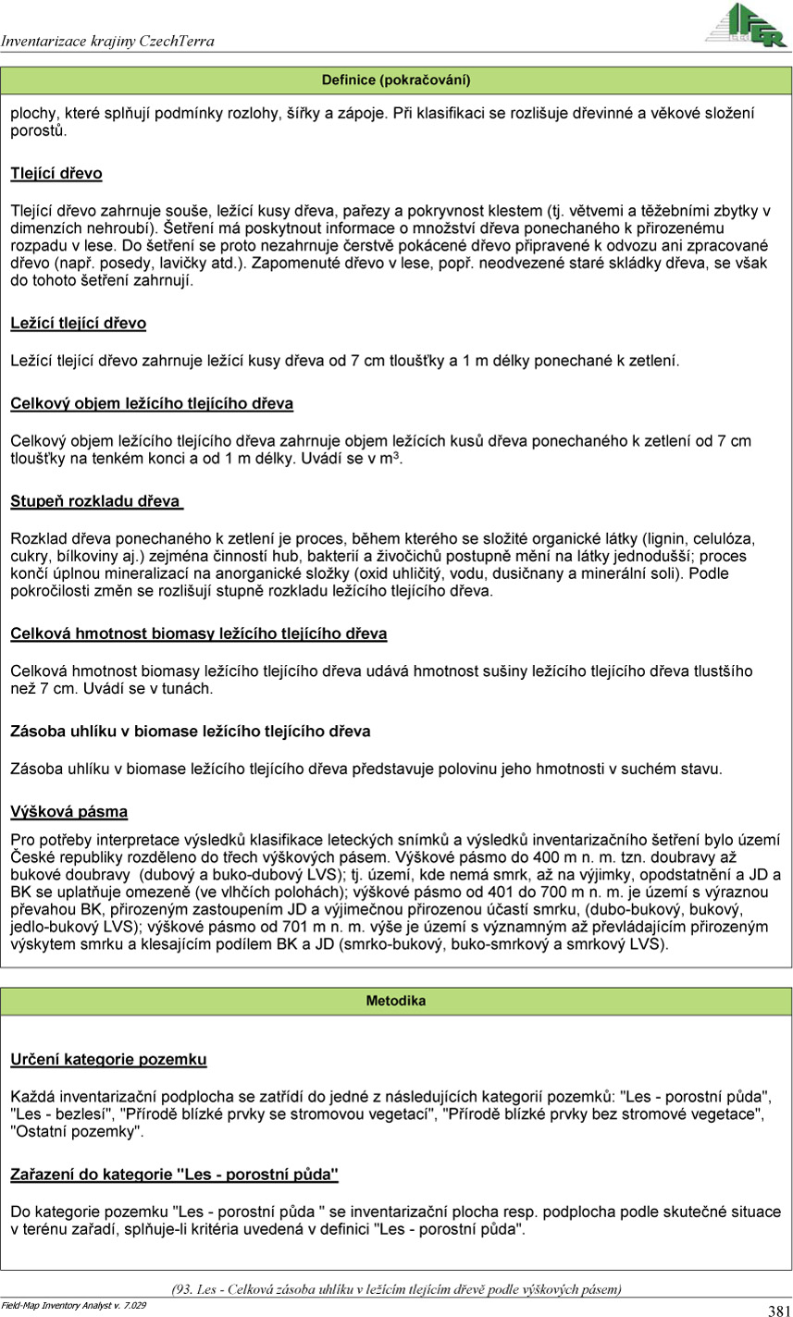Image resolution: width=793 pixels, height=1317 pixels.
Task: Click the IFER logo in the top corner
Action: coord(746,25)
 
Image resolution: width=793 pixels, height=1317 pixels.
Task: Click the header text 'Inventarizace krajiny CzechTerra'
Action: coord(108,41)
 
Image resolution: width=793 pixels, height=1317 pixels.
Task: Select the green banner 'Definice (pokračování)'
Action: coord(396,80)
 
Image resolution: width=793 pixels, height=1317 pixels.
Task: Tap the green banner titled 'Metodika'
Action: coord(396,1001)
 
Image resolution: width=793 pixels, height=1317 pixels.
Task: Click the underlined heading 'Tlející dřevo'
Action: coord(56,173)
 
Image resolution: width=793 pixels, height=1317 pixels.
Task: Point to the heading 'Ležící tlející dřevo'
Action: coord(79,323)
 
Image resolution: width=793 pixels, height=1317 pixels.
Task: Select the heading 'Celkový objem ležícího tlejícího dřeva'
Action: coord(152,403)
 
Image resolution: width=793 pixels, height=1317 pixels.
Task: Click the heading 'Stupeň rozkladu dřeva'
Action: coord(95,501)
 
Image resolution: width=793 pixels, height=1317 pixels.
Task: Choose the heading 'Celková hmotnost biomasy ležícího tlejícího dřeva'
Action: coord(199,634)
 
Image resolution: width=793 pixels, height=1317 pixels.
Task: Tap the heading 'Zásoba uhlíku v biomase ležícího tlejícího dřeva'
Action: coord(191,731)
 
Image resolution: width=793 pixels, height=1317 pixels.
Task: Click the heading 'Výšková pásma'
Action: coord(69,811)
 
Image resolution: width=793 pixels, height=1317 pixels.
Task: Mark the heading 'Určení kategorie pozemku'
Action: coord(108,1059)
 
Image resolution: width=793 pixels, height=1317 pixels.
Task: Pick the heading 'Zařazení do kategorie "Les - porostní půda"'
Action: coord(174,1175)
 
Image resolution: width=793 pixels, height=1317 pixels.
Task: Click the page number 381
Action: coord(777,1310)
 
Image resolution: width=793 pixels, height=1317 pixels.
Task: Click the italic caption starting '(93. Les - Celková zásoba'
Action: coord(396,1288)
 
